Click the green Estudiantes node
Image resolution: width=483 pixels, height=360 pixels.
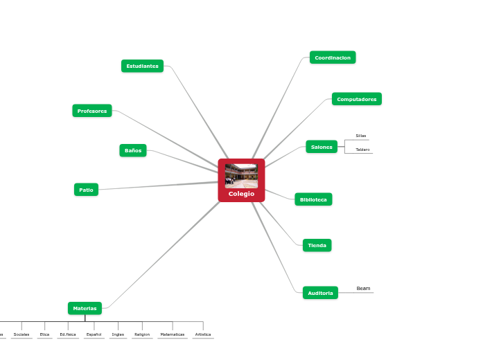[x=142, y=66]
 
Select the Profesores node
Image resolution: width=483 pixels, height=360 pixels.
[x=92, y=111]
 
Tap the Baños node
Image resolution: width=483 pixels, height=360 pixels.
[x=133, y=150]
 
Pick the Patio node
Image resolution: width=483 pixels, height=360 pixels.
[x=86, y=190]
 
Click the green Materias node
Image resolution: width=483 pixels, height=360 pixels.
[x=85, y=308]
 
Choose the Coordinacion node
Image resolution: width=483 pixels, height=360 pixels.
[x=333, y=57]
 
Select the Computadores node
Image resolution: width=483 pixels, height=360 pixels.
[x=356, y=99]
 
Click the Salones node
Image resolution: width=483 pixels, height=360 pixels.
[x=322, y=147]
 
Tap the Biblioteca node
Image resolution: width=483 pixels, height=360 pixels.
[x=313, y=199]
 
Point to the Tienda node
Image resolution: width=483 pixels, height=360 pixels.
[x=317, y=245]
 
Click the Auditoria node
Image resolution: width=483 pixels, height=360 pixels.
[x=320, y=293]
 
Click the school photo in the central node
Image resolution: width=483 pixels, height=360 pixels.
[x=241, y=176]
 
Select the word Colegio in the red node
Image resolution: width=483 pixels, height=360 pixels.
[x=241, y=194]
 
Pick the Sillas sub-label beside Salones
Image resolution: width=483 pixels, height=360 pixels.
[x=361, y=136]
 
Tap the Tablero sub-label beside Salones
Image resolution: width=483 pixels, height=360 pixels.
[x=362, y=150]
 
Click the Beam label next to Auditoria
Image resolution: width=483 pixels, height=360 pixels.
[x=363, y=288]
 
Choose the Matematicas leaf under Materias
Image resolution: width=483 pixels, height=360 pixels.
[x=173, y=334]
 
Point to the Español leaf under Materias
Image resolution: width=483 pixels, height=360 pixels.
[x=94, y=334]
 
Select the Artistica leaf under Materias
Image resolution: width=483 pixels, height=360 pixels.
[x=203, y=334]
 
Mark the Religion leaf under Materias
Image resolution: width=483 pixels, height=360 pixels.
[x=142, y=334]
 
